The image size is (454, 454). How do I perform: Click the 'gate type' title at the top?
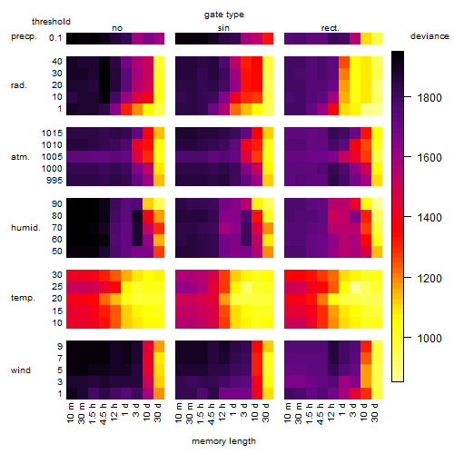click(224, 15)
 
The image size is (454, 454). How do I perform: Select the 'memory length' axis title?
click(223, 441)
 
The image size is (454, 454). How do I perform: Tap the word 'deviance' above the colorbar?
click(429, 36)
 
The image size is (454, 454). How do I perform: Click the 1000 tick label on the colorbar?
click(429, 338)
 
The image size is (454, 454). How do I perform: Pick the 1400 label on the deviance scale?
click(429, 217)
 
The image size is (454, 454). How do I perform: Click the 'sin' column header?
click(223, 28)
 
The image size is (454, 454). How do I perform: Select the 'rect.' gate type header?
click(331, 28)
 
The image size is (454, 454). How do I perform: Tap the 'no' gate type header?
click(117, 28)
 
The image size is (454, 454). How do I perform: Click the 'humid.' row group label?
click(25, 228)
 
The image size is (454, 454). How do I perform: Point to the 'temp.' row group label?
click(23, 298)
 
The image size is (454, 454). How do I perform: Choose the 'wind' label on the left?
click(21, 370)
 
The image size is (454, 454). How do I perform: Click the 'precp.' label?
click(24, 36)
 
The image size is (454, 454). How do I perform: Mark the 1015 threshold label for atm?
click(52, 133)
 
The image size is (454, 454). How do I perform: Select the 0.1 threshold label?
click(55, 38)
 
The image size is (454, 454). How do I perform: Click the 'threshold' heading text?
click(51, 22)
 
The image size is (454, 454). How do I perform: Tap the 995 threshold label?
click(54, 181)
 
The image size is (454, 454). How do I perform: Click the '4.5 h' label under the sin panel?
click(212, 414)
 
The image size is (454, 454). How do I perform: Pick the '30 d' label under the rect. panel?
click(374, 412)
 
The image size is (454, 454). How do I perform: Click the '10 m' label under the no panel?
click(70, 413)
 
